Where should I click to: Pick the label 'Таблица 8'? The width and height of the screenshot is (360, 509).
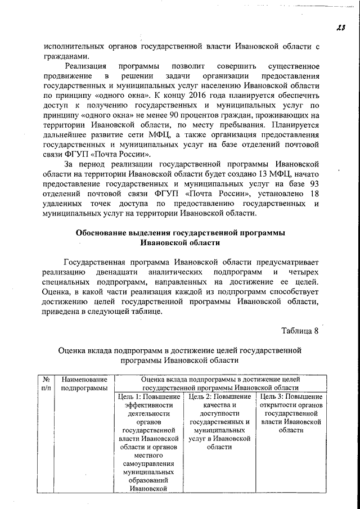tap(300, 330)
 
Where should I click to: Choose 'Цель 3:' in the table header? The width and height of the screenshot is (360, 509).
tap(272, 398)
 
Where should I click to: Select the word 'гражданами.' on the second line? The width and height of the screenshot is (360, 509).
tap(66, 56)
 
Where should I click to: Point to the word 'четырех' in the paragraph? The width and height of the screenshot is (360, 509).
tap(304, 272)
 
